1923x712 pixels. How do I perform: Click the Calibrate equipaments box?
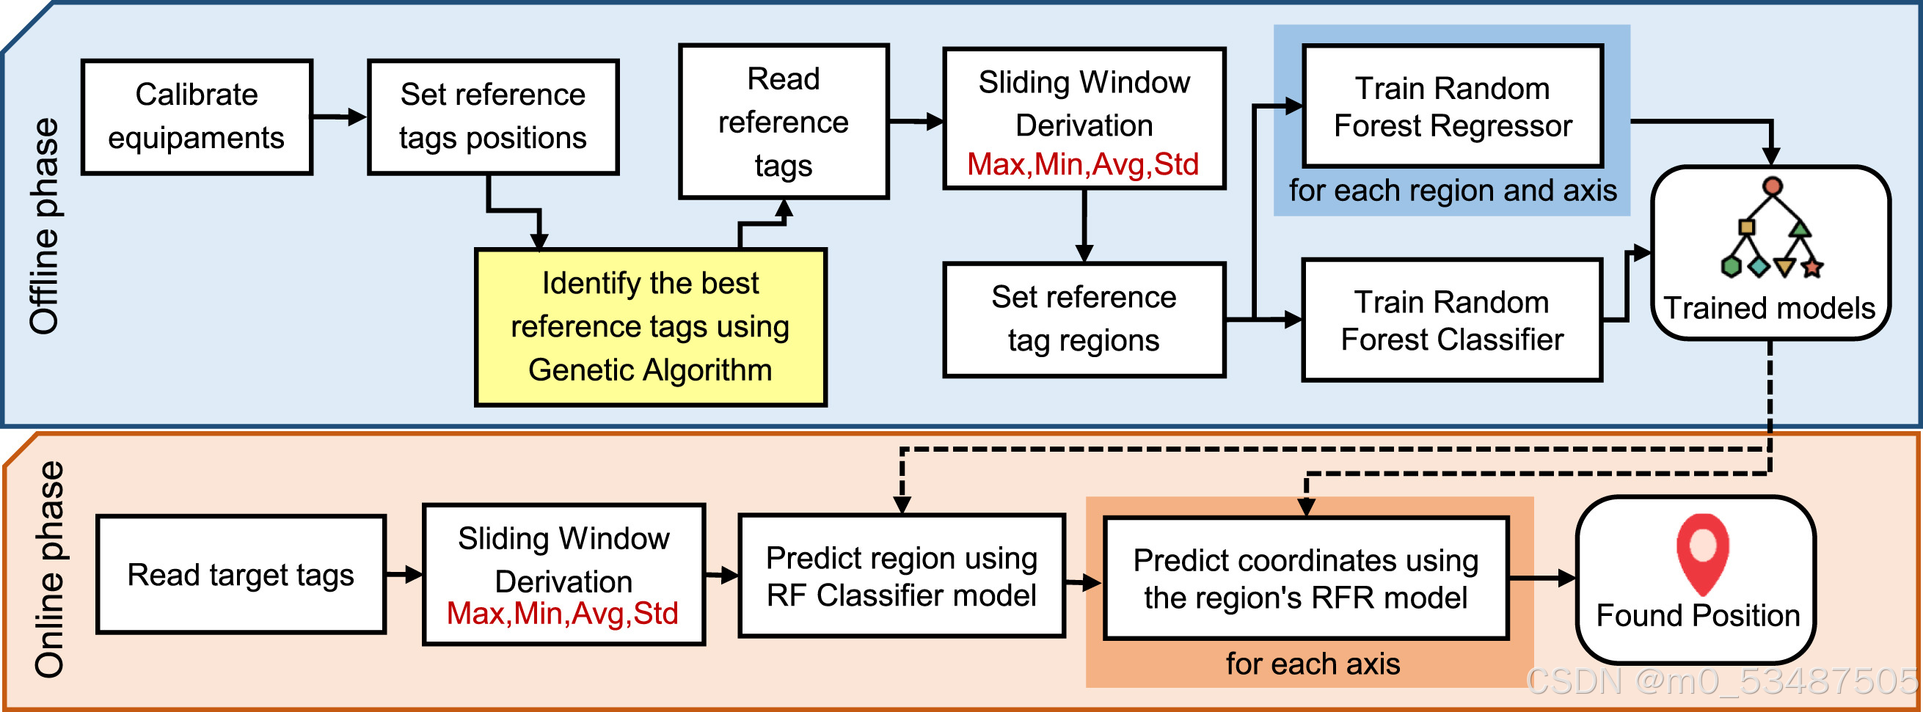pyautogui.click(x=197, y=117)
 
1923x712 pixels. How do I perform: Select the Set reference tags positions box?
pyautogui.click(x=493, y=117)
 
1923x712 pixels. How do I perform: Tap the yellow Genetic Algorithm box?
pyautogui.click(x=650, y=328)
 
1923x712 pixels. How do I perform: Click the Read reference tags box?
pyautogui.click(x=783, y=122)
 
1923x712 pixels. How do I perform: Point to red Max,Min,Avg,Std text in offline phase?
pyautogui.click(x=1082, y=164)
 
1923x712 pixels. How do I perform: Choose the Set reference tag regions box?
pyautogui.click(x=1083, y=320)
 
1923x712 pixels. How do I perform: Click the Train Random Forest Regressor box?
pyautogui.click(x=1452, y=107)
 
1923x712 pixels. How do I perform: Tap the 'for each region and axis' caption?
pyautogui.click(x=1452, y=191)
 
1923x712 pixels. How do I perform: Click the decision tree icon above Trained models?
pyautogui.click(x=1772, y=229)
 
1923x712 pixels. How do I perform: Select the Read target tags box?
pyautogui.click(x=241, y=575)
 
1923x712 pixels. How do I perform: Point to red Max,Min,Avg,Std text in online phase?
pyautogui.click(x=562, y=614)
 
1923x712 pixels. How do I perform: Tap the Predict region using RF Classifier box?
pyautogui.click(x=901, y=576)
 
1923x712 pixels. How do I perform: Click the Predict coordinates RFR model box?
pyautogui.click(x=1305, y=579)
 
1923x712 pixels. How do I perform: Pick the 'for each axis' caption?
pyautogui.click(x=1313, y=664)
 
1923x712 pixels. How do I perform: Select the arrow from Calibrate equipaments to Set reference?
pyautogui.click(x=339, y=117)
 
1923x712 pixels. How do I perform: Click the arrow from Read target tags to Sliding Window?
pyautogui.click(x=404, y=575)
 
